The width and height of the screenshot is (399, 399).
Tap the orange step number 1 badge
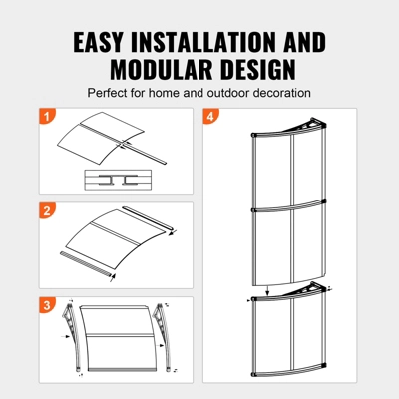tap(46, 117)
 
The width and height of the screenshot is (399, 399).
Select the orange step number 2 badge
tap(46, 210)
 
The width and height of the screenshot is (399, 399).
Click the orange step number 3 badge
tap(46, 303)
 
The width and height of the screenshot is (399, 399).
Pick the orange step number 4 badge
tap(209, 117)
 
